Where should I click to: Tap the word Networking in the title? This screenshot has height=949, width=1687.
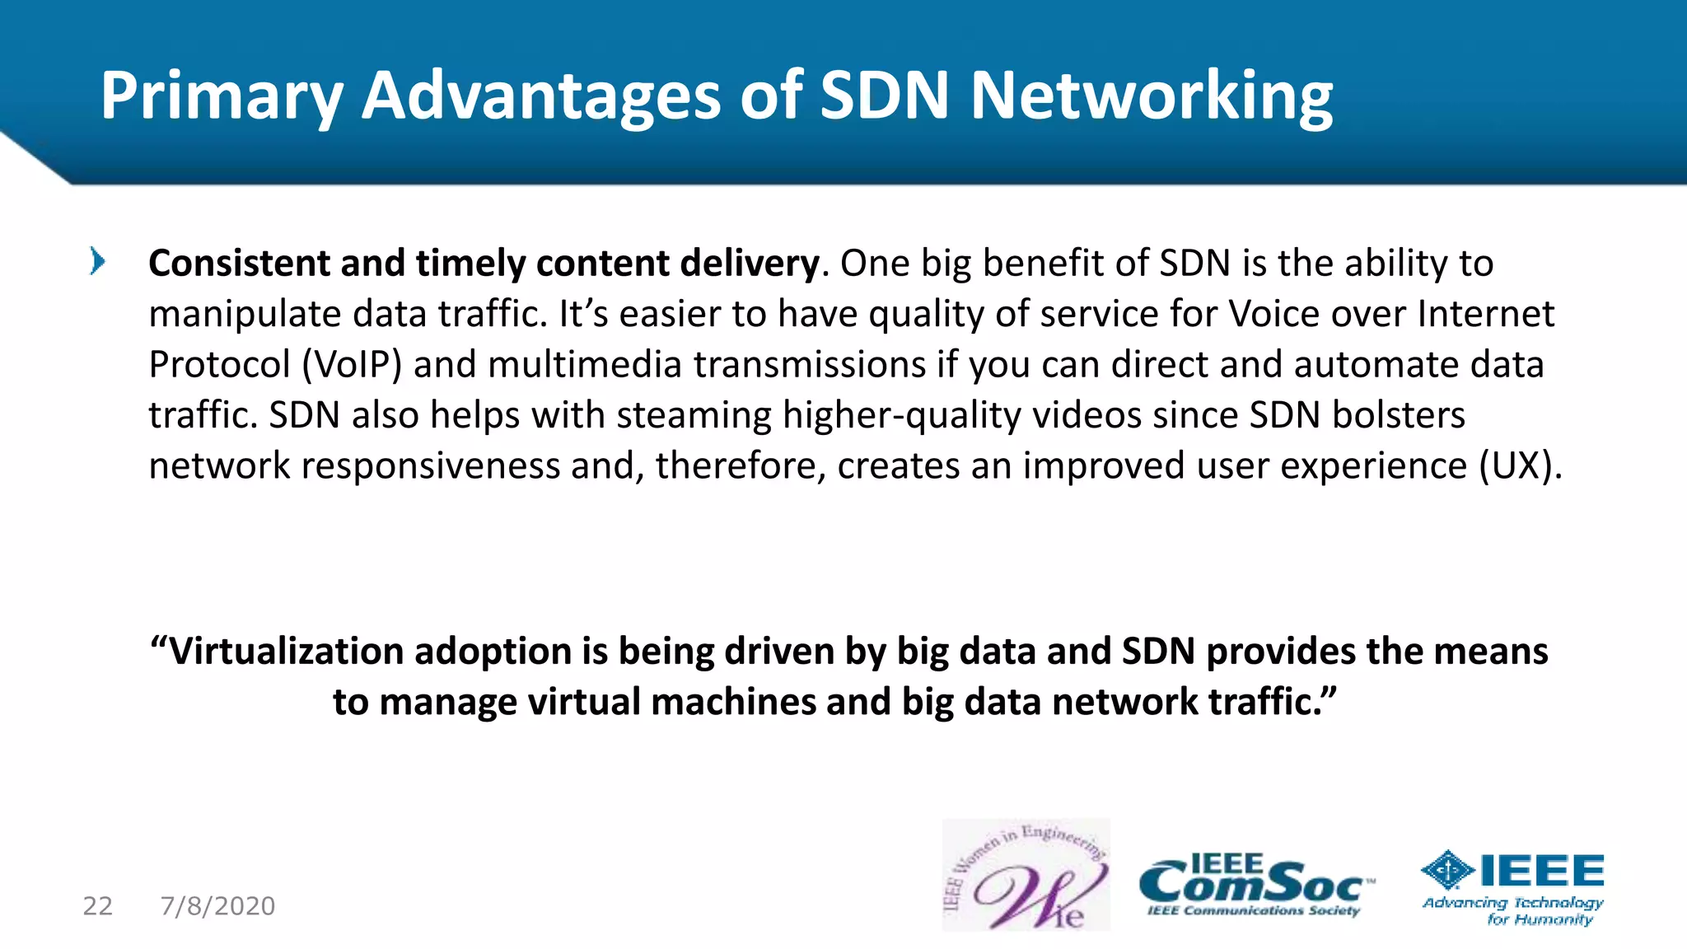1151,97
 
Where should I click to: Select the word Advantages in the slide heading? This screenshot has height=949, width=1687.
541,97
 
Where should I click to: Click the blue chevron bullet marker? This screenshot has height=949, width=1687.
97,262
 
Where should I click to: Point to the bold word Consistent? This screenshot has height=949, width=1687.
239,264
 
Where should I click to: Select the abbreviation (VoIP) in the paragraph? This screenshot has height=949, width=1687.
352,365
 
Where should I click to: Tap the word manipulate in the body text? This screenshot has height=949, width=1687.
245,315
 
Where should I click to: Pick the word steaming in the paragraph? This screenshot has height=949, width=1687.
694,415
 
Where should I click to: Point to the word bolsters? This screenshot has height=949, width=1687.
1398,415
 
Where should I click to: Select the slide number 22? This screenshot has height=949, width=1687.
97,906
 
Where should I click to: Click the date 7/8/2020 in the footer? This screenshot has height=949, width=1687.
218,906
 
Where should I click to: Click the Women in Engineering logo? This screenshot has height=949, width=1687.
1026,876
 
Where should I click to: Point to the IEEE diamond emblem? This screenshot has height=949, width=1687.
1448,870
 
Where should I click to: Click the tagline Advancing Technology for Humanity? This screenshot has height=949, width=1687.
1513,911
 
